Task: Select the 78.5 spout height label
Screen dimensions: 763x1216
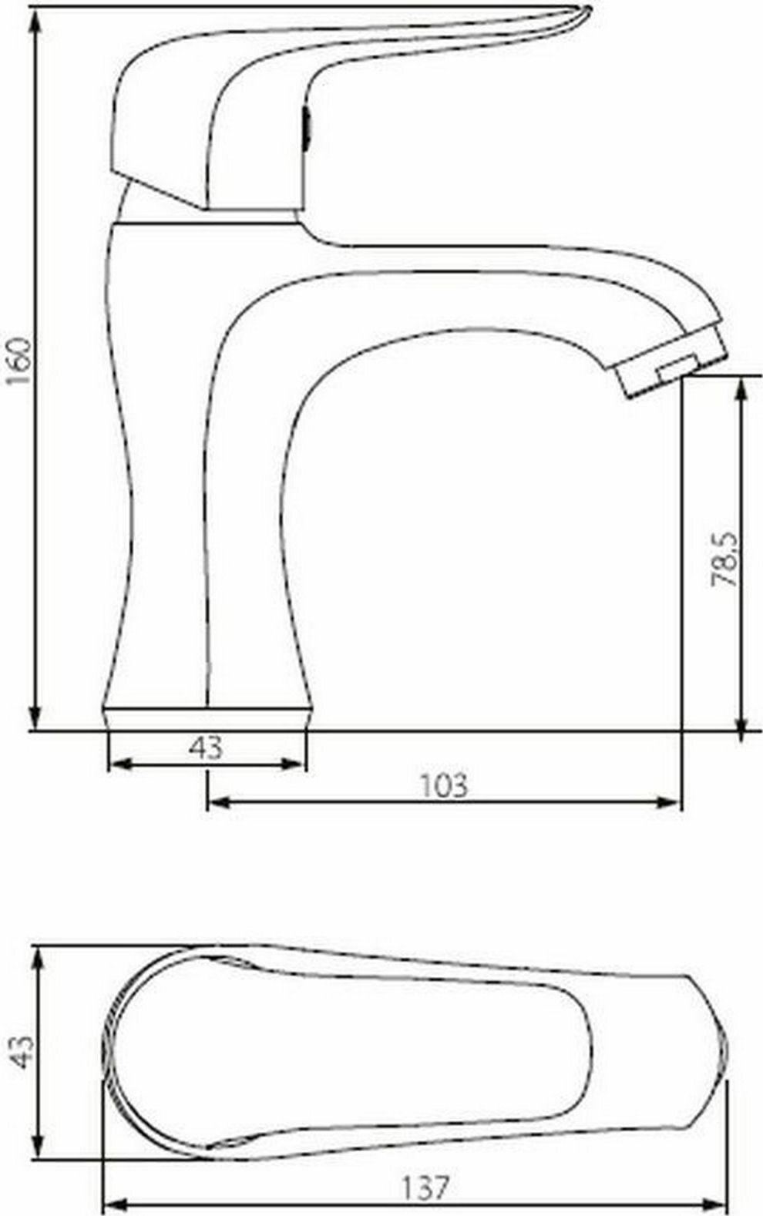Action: [724, 559]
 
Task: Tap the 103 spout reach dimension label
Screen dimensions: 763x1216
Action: [444, 785]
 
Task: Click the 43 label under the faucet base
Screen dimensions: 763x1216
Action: [206, 747]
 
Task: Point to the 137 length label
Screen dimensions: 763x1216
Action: [426, 1188]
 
